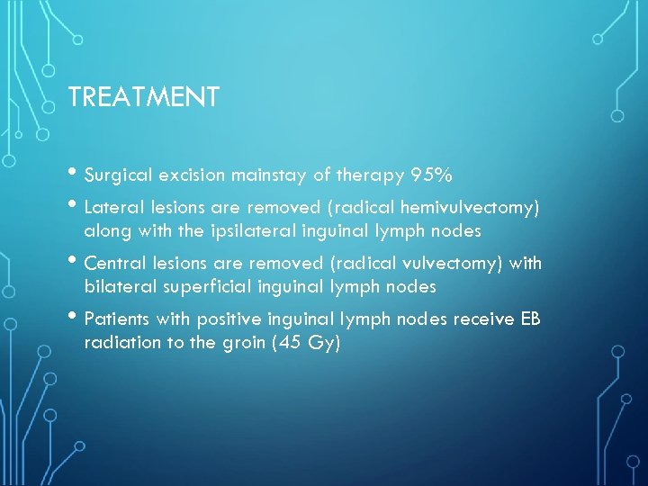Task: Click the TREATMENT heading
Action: pyautogui.click(x=143, y=97)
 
